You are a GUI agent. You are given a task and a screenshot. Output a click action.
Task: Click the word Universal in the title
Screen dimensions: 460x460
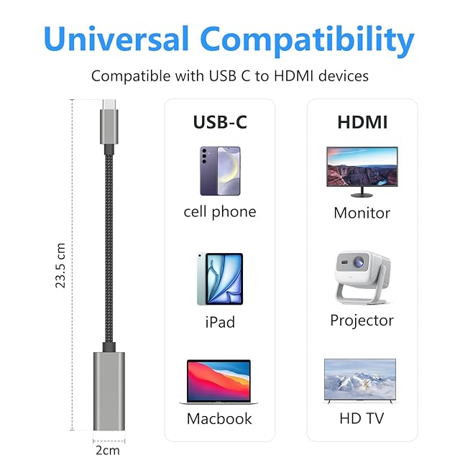tap(116, 39)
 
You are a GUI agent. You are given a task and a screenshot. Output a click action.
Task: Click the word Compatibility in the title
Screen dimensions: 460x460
tap(307, 41)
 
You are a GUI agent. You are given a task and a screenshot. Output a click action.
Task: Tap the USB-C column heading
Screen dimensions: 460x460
tap(220, 122)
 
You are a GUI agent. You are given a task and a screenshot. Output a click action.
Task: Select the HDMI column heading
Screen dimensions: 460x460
tap(362, 122)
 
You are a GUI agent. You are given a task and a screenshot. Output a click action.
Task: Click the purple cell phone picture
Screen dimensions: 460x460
tap(220, 171)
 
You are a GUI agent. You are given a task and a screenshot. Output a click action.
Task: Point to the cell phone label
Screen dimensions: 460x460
tap(220, 212)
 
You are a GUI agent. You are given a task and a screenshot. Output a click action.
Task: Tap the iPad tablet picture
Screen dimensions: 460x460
tap(220, 279)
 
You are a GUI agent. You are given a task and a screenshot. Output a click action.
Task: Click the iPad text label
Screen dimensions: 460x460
tap(220, 322)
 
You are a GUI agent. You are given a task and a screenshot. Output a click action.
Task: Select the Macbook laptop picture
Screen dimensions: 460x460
tap(218, 382)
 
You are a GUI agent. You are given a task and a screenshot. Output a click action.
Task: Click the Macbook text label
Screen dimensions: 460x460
tap(219, 418)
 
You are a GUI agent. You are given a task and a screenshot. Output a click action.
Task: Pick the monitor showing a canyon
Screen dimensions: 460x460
tap(362, 172)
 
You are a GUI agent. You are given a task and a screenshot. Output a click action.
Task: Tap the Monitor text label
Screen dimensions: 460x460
tap(362, 213)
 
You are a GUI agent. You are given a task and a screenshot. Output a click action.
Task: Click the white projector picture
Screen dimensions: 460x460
tap(362, 277)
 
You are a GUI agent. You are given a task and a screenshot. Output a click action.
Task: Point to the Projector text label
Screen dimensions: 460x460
tap(362, 321)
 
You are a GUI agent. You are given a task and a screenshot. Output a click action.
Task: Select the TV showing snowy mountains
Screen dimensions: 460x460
tap(360, 381)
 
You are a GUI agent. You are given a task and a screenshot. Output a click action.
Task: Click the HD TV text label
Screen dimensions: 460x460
tap(362, 418)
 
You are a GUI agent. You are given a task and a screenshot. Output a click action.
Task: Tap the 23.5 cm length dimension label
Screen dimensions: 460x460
tap(60, 265)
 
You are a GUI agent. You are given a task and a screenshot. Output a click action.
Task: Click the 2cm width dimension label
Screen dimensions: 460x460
tap(108, 451)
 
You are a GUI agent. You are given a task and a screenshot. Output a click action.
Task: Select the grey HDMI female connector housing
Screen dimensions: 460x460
tap(109, 391)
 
